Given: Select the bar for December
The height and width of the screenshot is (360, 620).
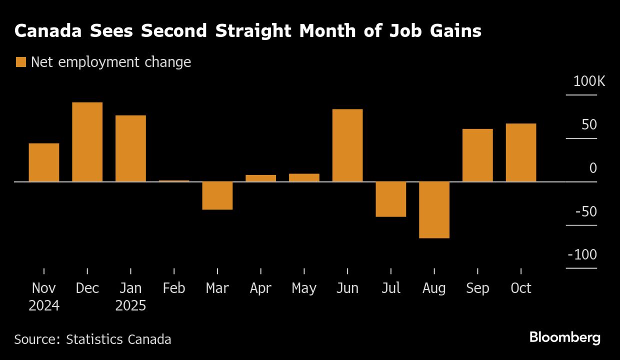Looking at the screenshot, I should pyautogui.click(x=87, y=142).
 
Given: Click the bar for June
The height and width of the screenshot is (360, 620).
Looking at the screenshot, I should pyautogui.click(x=347, y=145).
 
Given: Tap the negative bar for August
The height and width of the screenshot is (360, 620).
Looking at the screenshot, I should pyautogui.click(x=434, y=210).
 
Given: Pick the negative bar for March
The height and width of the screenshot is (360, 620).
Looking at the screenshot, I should pyautogui.click(x=217, y=195).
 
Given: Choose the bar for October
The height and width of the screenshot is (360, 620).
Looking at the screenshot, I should pyautogui.click(x=521, y=152).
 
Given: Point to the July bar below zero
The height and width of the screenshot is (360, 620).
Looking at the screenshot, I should pyautogui.click(x=390, y=199).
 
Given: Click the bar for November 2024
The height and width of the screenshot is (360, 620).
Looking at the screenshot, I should pyautogui.click(x=44, y=162).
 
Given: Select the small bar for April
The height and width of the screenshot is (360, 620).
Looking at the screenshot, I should pyautogui.click(x=260, y=178).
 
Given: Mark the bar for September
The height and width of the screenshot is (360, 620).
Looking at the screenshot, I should pyautogui.click(x=477, y=155).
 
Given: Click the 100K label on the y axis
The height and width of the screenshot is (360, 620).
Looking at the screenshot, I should pyautogui.click(x=589, y=81).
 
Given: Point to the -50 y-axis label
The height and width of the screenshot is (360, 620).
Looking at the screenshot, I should pyautogui.click(x=585, y=211).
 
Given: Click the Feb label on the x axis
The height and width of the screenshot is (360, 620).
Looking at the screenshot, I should pyautogui.click(x=174, y=288).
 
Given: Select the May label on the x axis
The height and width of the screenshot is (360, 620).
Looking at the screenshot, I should pyautogui.click(x=304, y=288).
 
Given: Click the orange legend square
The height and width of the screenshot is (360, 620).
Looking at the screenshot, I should pyautogui.click(x=20, y=62).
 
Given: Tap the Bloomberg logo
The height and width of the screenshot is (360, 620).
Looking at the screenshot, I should pyautogui.click(x=565, y=338).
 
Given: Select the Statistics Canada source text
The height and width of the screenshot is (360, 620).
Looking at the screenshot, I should pyautogui.click(x=118, y=339).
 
